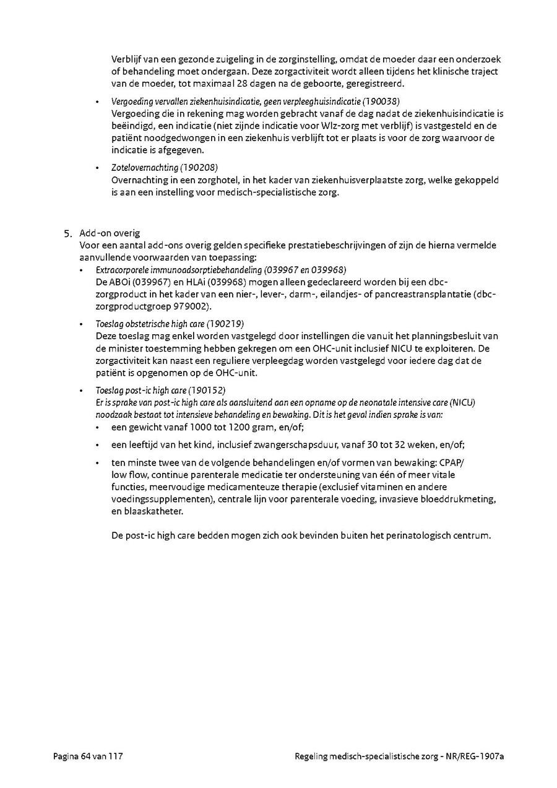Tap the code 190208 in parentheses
point(199,168)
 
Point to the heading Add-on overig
point(110,233)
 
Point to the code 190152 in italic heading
point(208,391)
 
